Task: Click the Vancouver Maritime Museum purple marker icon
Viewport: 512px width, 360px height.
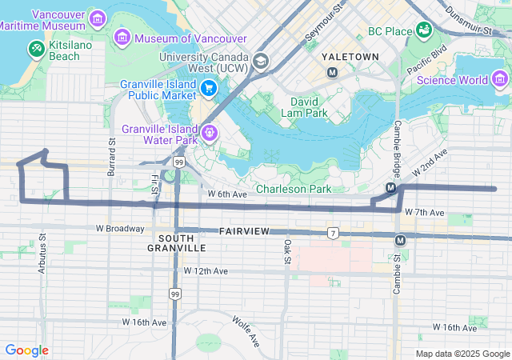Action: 97,18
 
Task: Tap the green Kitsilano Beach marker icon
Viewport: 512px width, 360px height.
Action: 36,50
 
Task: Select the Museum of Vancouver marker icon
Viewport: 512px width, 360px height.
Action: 122,37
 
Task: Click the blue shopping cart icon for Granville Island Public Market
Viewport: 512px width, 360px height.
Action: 209,88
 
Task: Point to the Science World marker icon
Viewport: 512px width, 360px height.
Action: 501,78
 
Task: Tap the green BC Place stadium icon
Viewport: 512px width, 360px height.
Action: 424,31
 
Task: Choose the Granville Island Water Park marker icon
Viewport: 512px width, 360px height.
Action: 210,133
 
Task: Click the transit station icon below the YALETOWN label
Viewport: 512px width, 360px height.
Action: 333,73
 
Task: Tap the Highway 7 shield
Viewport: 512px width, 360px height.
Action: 332,233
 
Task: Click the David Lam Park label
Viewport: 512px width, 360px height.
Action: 304,108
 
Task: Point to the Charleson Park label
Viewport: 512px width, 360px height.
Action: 293,190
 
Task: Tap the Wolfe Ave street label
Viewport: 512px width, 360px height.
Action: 246,330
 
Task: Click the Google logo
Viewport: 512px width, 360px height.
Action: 26,350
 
